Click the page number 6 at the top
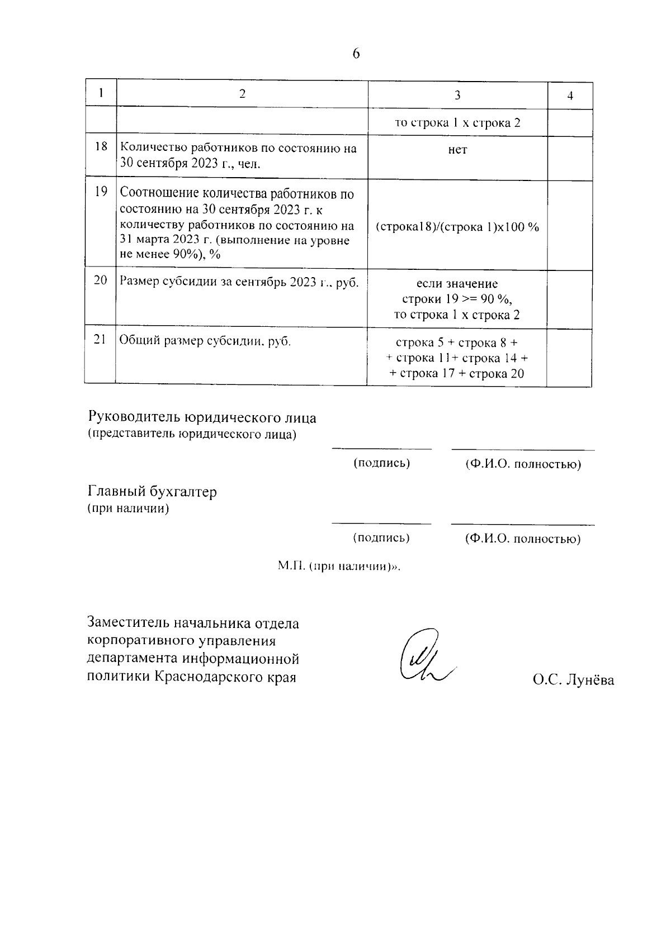357,54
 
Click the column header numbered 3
457,95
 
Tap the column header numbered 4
570,96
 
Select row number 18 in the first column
101,147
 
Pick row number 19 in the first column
101,192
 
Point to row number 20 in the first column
101,280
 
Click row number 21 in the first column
101,339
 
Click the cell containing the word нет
457,150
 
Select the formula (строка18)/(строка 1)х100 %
457,227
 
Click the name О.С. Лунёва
573,680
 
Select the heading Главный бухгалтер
152,492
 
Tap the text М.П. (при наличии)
339,566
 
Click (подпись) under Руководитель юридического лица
382,463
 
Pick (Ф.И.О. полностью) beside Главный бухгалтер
523,539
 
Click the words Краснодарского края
225,677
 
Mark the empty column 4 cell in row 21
569,357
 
